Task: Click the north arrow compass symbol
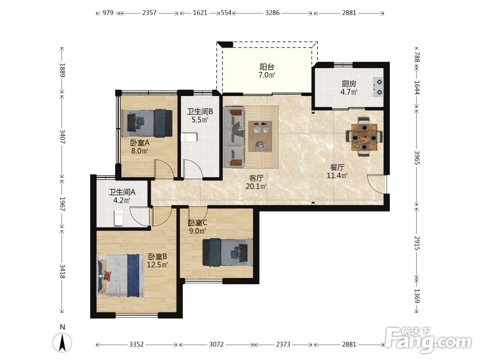tap(62, 341)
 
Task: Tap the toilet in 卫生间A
tap(119, 217)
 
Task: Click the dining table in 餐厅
tap(364, 136)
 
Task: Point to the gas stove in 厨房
tap(378, 87)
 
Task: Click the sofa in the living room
tap(234, 137)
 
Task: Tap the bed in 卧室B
tap(120, 276)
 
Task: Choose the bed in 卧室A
tap(147, 123)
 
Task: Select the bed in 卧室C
tap(228, 252)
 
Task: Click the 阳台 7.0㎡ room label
tap(267, 71)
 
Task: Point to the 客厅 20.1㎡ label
tap(256, 182)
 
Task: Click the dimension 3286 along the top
tap(273, 13)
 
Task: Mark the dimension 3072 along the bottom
tap(216, 344)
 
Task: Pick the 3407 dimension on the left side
tap(62, 136)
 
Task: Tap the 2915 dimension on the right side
tap(417, 243)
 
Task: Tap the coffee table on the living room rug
tap(260, 136)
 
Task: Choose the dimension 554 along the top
tap(226, 13)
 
